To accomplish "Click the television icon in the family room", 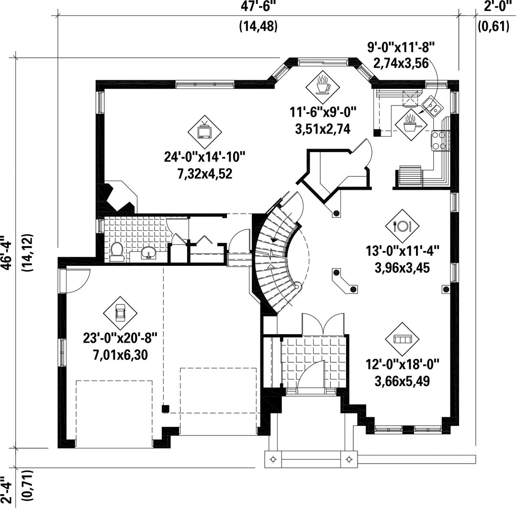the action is point(204,132).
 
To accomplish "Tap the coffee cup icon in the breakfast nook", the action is point(322,86).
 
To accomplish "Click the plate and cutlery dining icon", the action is point(402,226).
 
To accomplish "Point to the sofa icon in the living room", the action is point(402,339).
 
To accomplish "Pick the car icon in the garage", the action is point(120,313).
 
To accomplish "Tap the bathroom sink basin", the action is point(149,253).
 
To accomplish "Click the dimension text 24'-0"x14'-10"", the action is point(205,156).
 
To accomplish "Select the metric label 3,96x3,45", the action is point(402,268).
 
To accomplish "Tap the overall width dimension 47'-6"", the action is point(258,7).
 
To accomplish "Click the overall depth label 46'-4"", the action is point(7,252).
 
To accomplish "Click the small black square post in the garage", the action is point(166,409).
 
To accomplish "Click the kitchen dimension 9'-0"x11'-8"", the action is point(401,48).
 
